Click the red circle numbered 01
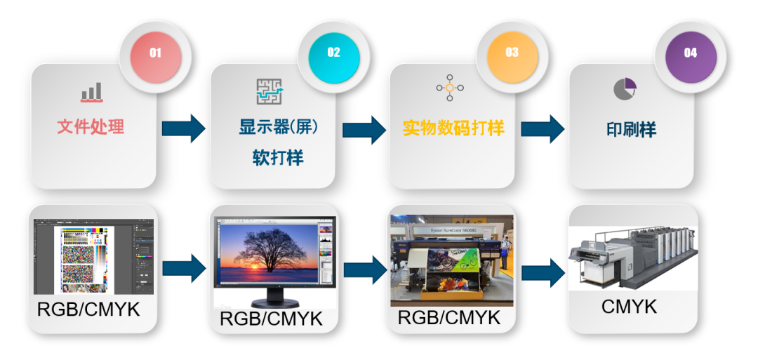click(x=155, y=53)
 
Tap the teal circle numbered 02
click(x=333, y=53)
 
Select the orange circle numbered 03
click(x=512, y=53)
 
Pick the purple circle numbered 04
click(x=691, y=53)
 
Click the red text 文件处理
click(x=91, y=127)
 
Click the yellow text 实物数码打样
click(x=453, y=128)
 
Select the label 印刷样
click(x=631, y=130)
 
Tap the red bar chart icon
click(x=91, y=93)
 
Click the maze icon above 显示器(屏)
click(x=269, y=92)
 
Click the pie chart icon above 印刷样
click(x=625, y=88)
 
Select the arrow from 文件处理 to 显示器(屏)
click(x=183, y=128)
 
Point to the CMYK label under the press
click(x=630, y=307)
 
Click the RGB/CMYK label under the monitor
click(x=271, y=319)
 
